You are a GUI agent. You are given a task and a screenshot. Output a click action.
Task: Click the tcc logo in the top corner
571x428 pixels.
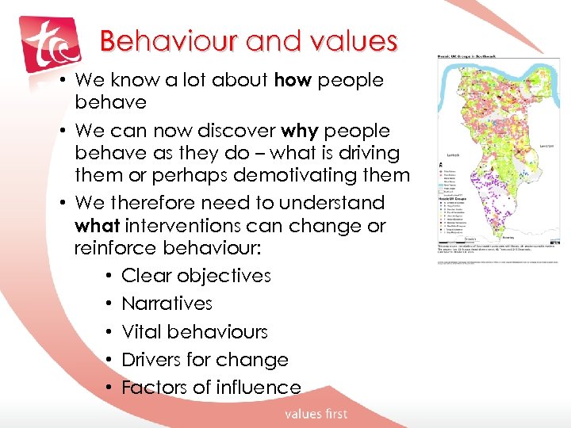pos(50,44)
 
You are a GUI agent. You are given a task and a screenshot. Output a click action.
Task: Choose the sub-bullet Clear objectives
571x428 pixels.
pos(196,276)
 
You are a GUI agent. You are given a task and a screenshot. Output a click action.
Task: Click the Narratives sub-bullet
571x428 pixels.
pos(167,304)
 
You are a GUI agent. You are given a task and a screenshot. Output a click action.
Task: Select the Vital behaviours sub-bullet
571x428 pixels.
pos(194,331)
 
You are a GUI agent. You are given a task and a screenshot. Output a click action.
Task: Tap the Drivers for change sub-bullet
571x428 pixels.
pos(205,359)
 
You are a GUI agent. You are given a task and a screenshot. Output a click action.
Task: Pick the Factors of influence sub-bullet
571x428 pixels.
pos(211,387)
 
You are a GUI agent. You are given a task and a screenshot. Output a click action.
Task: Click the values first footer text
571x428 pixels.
pos(316,413)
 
